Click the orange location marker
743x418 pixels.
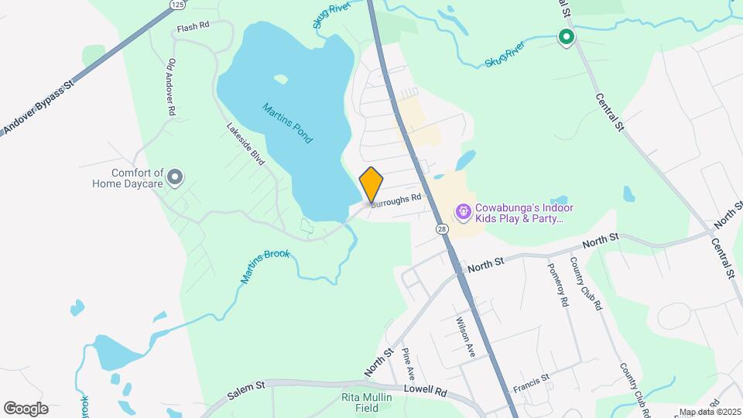pos(371,184)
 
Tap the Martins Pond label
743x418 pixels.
pos(287,123)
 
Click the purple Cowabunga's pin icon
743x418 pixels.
pos(463,211)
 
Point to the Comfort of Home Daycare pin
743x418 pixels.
pos(176,178)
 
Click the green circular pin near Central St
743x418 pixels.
pos(567,36)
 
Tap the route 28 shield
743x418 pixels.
pos(441,229)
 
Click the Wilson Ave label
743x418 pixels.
pos(465,336)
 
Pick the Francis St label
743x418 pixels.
pos(531,381)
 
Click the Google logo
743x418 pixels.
pos(26,409)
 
